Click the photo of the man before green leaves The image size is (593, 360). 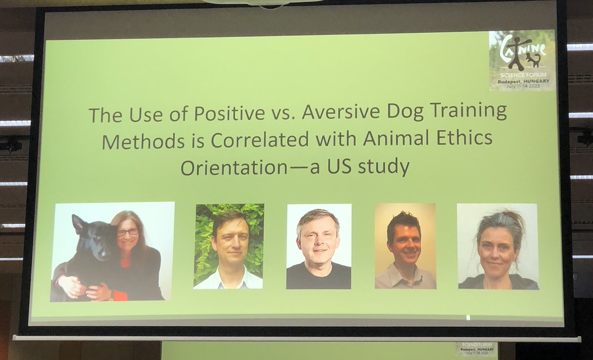(229, 246)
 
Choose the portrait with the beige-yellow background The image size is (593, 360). (405, 245)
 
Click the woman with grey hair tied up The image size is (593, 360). (498, 246)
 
